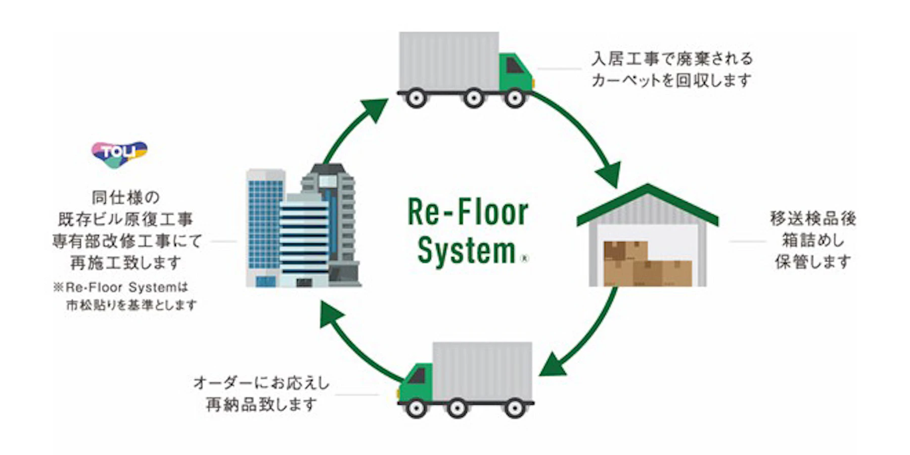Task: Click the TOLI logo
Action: pyautogui.click(x=119, y=153)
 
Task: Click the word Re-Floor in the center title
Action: pyautogui.click(x=468, y=212)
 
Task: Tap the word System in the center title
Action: pyautogui.click(x=466, y=251)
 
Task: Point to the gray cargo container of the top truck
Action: pyautogui.click(x=449, y=61)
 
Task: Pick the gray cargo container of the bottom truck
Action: pyautogui.click(x=482, y=371)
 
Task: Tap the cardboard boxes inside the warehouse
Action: pyautogui.click(x=647, y=264)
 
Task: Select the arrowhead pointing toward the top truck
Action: pyautogui.click(x=375, y=108)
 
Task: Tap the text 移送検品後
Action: pyautogui.click(x=812, y=218)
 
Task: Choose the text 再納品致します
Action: pyautogui.click(x=261, y=404)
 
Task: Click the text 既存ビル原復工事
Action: pyautogui.click(x=126, y=219)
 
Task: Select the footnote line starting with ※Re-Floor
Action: pyautogui.click(x=121, y=287)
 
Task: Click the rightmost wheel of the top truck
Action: pyautogui.click(x=515, y=98)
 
